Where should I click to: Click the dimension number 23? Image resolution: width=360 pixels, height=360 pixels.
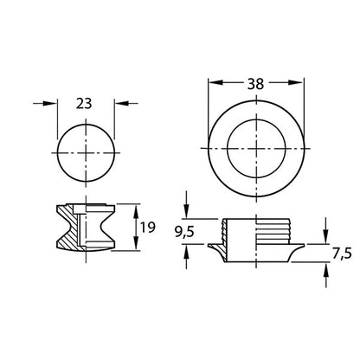coord(85,102)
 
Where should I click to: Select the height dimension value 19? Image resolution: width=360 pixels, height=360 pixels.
coord(148,227)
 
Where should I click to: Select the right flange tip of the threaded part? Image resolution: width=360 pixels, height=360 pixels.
coord(303,247)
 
